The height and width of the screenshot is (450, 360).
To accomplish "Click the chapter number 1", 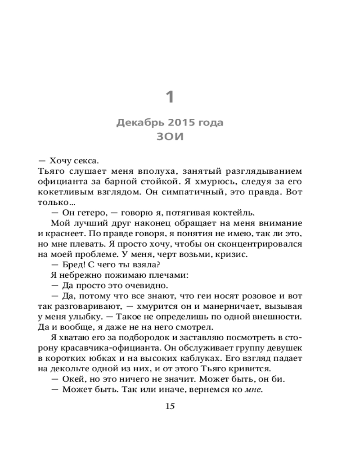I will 170,97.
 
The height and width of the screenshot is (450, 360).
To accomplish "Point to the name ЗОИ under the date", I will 170,137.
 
